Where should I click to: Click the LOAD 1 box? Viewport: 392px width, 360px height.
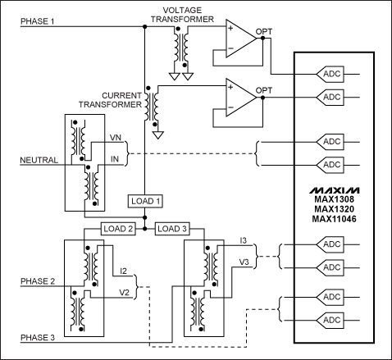click(x=145, y=201)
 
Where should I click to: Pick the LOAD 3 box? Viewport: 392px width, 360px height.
click(x=173, y=228)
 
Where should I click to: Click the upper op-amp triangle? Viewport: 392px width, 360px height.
click(x=238, y=39)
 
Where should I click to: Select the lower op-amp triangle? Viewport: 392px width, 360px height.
click(x=238, y=96)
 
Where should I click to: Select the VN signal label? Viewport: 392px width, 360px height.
click(x=116, y=139)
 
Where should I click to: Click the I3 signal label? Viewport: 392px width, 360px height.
click(x=244, y=240)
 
